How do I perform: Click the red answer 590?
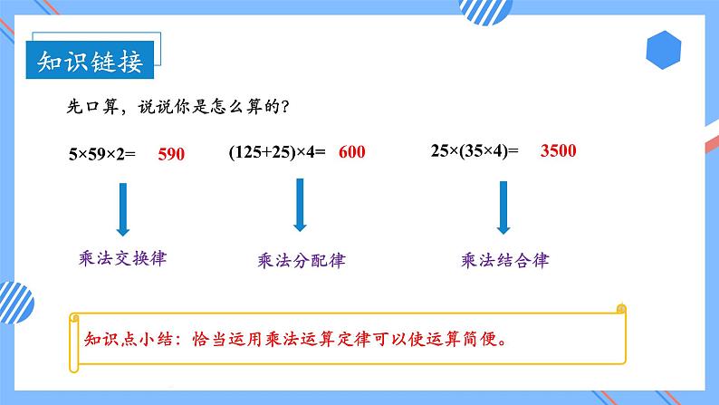[x=170, y=154]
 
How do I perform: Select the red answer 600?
[x=351, y=152]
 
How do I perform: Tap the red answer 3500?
[x=558, y=151]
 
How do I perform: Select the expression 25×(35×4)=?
[x=475, y=151]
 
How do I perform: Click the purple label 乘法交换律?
[x=124, y=257]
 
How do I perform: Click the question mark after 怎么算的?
[x=286, y=107]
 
